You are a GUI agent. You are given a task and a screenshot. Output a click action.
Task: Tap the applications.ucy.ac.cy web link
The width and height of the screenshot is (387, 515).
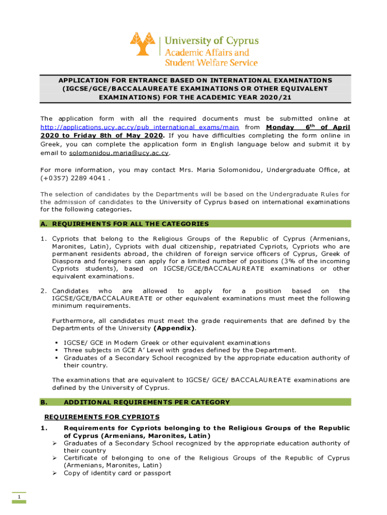(x=139, y=128)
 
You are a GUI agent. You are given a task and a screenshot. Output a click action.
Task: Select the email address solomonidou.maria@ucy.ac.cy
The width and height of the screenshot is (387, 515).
(x=119, y=152)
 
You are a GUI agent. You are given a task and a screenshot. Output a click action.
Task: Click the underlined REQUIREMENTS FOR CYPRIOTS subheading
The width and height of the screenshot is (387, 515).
(x=102, y=417)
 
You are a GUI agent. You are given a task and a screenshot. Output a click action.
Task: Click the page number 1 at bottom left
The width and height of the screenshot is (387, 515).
(x=19, y=498)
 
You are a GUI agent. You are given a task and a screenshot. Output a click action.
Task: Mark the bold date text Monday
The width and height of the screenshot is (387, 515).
(x=280, y=128)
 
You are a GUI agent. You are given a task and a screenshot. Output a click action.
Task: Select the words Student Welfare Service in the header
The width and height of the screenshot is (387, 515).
(x=211, y=63)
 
